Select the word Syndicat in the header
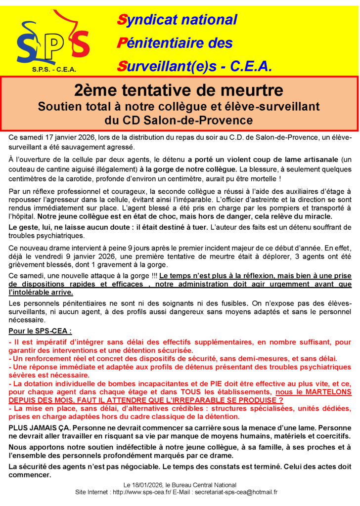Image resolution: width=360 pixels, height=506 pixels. click(149, 20)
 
